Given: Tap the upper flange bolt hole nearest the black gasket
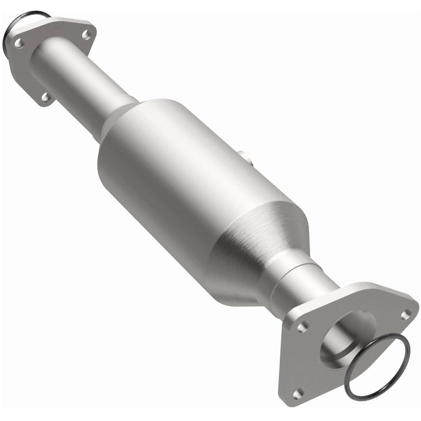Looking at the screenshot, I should point(19,43).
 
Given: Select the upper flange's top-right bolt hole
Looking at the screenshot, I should point(86,35).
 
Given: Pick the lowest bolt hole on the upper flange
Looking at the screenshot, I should point(45,96).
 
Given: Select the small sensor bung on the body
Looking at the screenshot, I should point(245,158).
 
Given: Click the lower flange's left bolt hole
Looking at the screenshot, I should point(303,327).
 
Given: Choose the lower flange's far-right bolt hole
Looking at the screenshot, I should point(407,314).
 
